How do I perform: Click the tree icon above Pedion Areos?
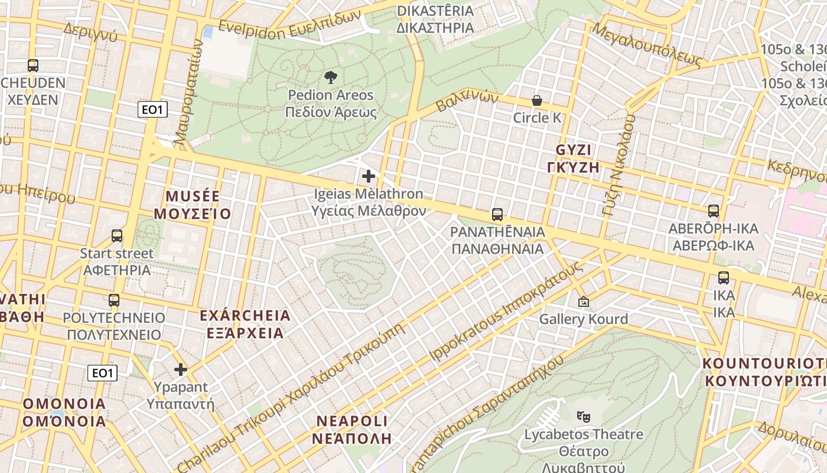click(x=330, y=77)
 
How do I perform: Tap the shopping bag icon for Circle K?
click(x=536, y=101)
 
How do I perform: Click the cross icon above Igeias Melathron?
click(x=369, y=176)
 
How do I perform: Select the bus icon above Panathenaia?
click(x=497, y=215)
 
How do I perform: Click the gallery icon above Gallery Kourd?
click(x=584, y=302)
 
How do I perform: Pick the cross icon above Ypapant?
click(x=181, y=370)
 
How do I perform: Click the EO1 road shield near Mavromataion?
click(x=153, y=109)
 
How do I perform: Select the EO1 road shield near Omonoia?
click(x=102, y=373)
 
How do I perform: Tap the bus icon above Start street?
click(x=117, y=236)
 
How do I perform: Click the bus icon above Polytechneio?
click(x=114, y=300)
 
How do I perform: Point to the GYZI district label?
click(x=578, y=158)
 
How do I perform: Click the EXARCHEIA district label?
click(x=245, y=324)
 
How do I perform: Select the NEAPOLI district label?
click(x=352, y=430)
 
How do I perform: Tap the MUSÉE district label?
click(x=193, y=205)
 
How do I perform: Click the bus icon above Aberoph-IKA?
click(x=714, y=211)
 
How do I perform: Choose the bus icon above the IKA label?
click(x=724, y=278)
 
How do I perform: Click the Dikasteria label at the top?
click(x=435, y=19)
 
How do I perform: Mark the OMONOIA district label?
click(x=64, y=413)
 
